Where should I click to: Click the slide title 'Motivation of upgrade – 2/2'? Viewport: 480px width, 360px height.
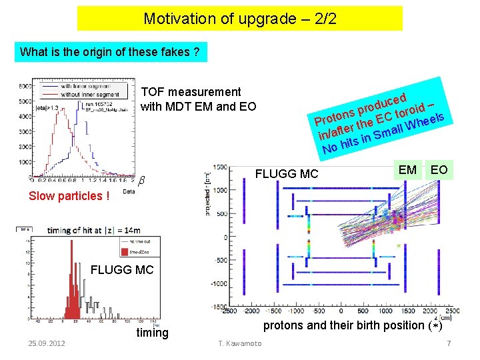[x=240, y=19]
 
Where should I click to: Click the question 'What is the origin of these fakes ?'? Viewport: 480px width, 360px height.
[x=111, y=51]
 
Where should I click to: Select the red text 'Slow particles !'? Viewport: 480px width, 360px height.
[x=69, y=196]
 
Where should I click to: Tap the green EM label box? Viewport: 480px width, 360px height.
[x=407, y=170]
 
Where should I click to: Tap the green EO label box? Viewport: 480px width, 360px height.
[x=439, y=170]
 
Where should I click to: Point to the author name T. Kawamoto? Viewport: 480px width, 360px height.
[x=241, y=343]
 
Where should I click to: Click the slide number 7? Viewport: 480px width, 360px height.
[x=449, y=343]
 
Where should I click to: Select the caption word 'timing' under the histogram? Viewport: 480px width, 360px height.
[x=152, y=333]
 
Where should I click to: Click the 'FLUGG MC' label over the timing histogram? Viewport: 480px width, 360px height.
[x=121, y=270]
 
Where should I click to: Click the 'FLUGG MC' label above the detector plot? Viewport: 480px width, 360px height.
[x=287, y=175]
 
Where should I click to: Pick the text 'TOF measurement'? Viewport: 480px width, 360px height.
[x=192, y=92]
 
